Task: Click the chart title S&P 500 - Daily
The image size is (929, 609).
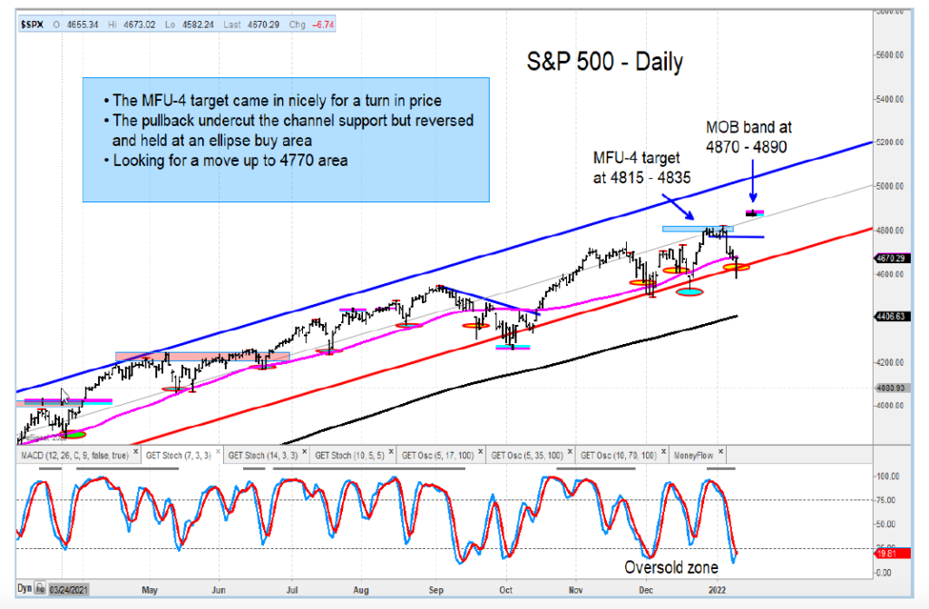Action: click(605, 62)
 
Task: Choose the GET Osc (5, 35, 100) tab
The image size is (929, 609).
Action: click(529, 455)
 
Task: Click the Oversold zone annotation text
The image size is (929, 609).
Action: click(670, 568)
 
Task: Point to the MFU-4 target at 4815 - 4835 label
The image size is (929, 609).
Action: click(636, 170)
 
